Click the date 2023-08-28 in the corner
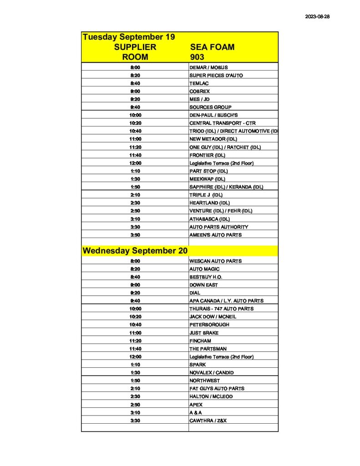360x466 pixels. coord(317,17)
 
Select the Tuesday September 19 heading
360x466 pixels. coord(129,37)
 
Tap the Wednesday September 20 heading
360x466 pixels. coord(135,251)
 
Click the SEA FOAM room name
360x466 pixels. coord(212,47)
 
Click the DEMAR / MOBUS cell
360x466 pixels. coord(208,67)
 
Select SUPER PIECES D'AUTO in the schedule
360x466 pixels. coord(216,75)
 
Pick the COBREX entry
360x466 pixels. coord(199,91)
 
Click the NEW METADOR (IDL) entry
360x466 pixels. coord(213,139)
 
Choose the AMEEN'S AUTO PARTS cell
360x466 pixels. coord(215,235)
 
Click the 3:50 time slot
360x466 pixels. coord(135,235)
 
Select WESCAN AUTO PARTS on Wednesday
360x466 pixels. coord(215,261)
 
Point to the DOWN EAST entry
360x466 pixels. coord(203,285)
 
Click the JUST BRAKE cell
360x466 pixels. coord(204,333)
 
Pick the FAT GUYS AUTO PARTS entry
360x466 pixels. coord(217,389)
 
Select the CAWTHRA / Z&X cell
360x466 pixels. coord(208,420)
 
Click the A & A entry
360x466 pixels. coord(196,413)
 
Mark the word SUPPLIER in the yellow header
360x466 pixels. coord(135,47)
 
